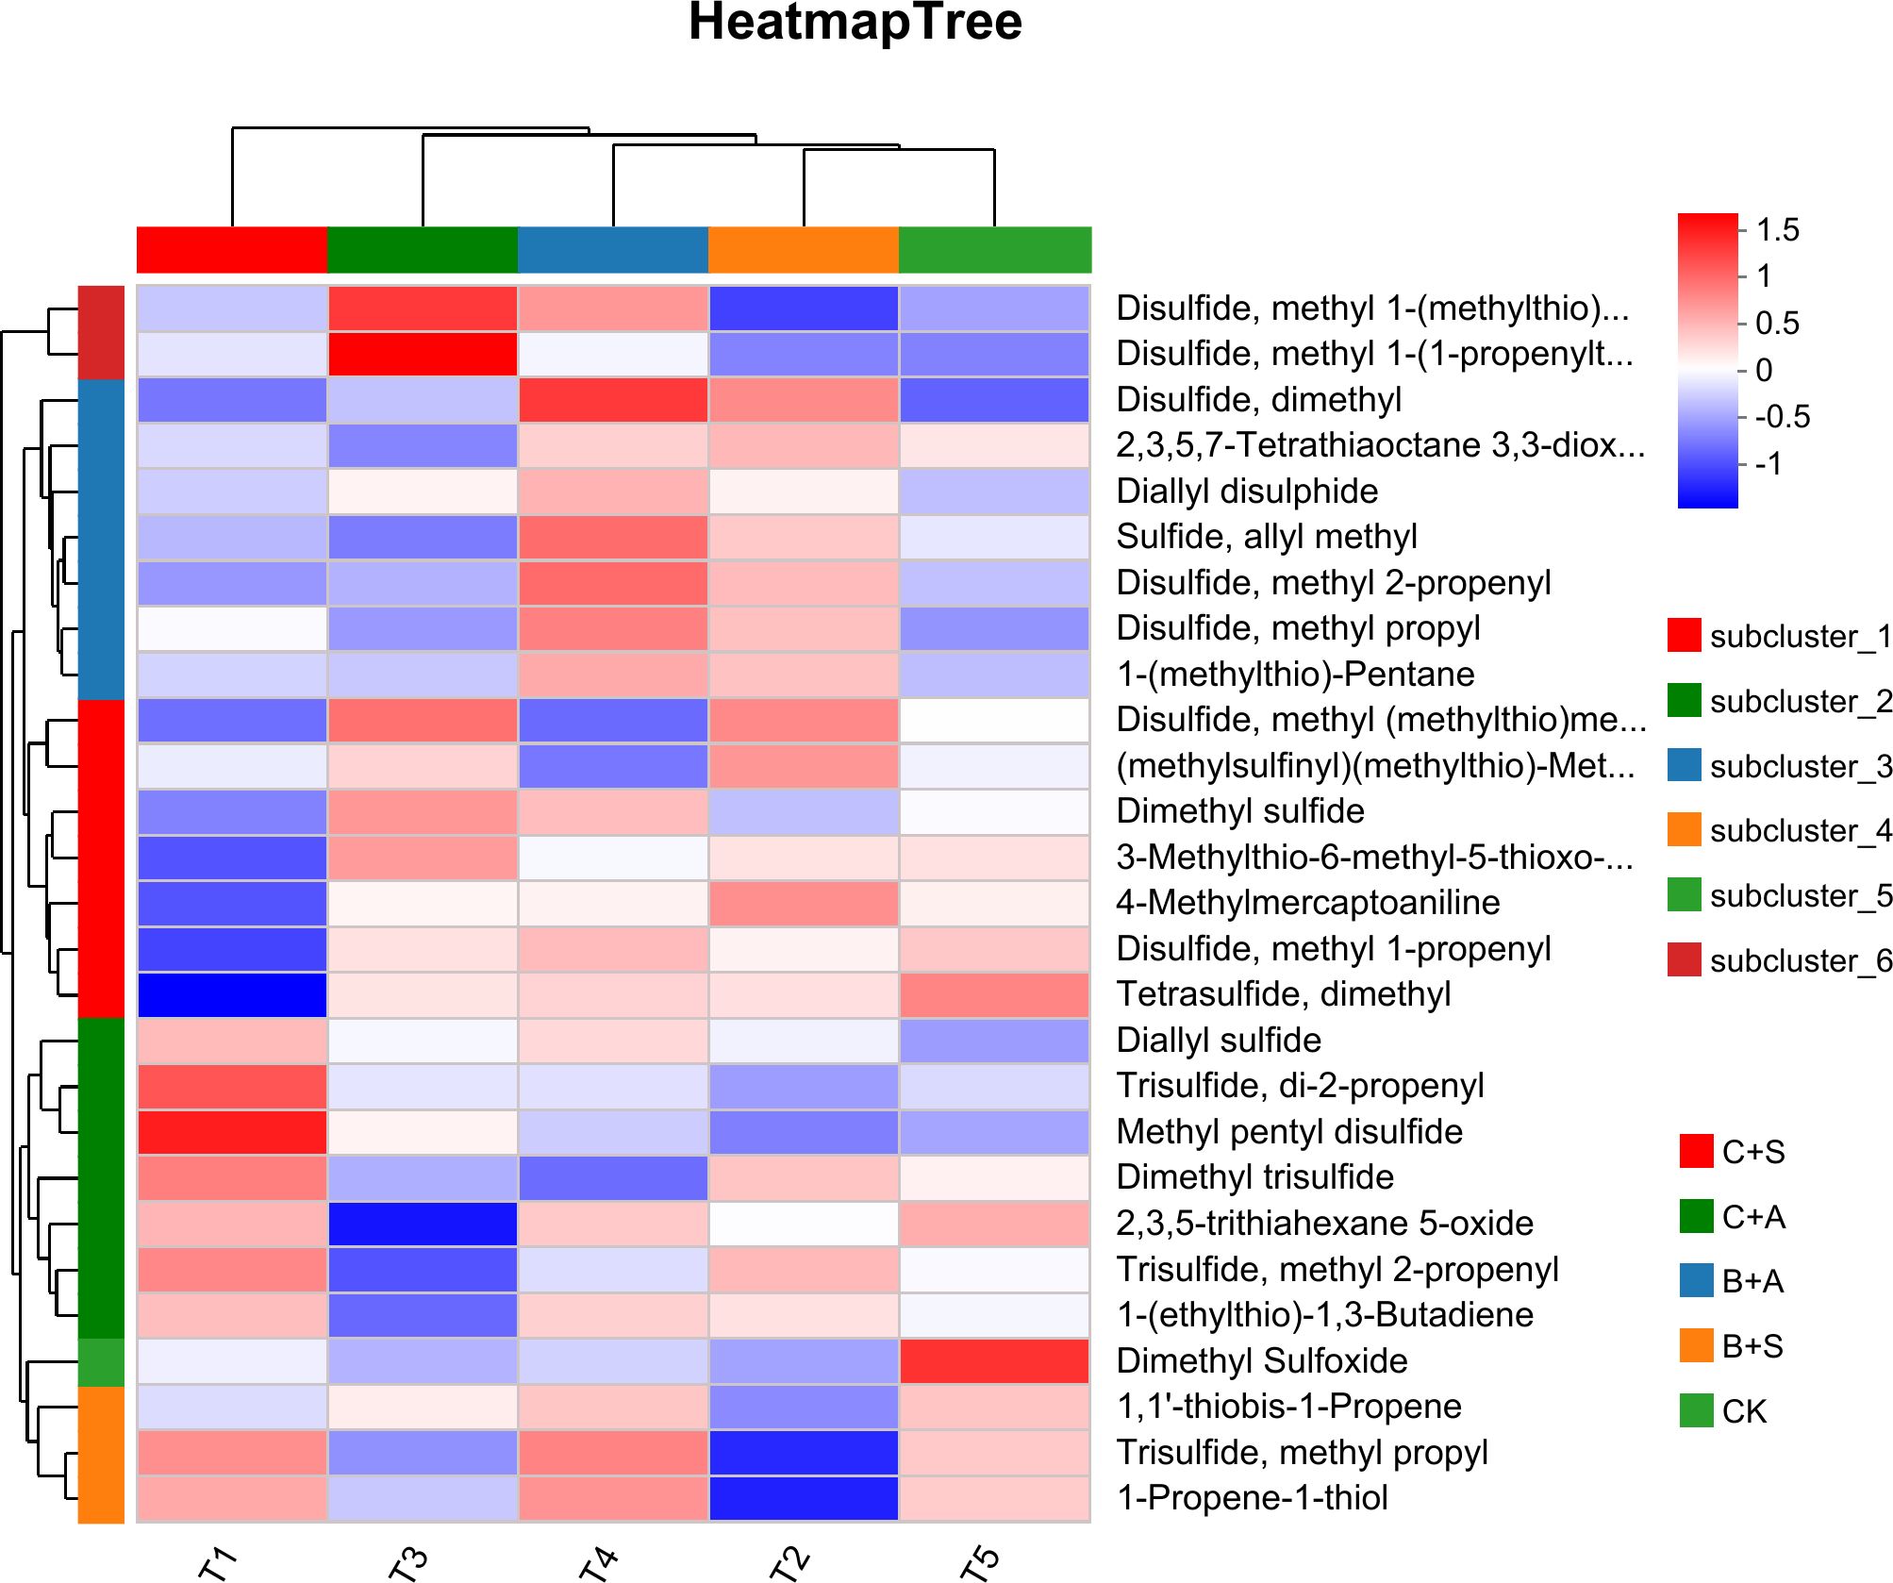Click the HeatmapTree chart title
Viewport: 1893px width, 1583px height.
tap(855, 23)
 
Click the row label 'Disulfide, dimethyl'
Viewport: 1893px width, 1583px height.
tap(1258, 400)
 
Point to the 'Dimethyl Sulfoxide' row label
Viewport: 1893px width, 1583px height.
tap(1261, 1360)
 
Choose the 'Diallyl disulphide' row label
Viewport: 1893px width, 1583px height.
tap(1246, 492)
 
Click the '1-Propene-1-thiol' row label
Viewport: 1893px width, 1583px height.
tap(1252, 1498)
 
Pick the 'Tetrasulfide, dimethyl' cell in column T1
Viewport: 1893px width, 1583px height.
tap(232, 994)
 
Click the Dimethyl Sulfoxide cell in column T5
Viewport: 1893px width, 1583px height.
tap(994, 1360)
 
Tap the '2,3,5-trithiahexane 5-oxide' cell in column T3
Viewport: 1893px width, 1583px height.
tap(423, 1224)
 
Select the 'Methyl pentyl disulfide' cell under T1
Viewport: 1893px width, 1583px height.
tap(232, 1132)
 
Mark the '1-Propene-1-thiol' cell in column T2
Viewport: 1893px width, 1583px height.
tap(804, 1498)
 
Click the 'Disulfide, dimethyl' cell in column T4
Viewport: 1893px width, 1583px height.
tap(613, 400)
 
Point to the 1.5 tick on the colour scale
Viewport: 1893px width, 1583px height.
tap(1777, 230)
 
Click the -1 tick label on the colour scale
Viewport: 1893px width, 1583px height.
tap(1768, 464)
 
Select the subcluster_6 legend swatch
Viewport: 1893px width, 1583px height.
tap(1685, 959)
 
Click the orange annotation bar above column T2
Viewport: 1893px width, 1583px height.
tap(804, 250)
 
